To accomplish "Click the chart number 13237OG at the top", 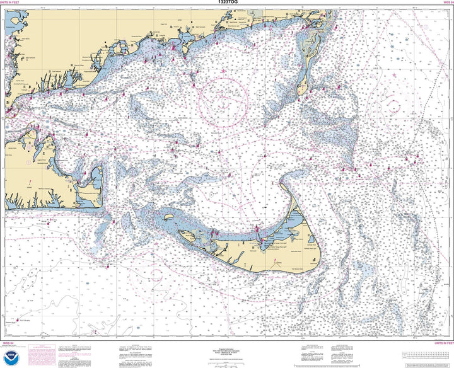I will pyautogui.click(x=226, y=3).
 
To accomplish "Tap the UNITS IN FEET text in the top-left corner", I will pyautogui.click(x=15, y=3).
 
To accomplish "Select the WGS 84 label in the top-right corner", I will pyautogui.click(x=443, y=3).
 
